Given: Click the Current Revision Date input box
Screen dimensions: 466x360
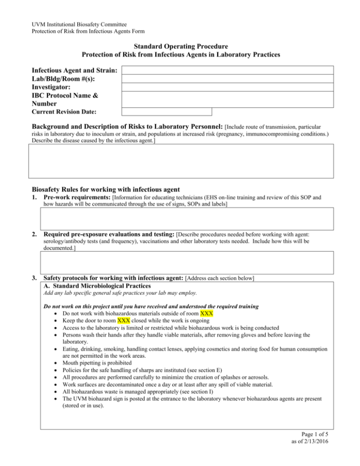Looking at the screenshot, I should (x=167, y=112).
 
